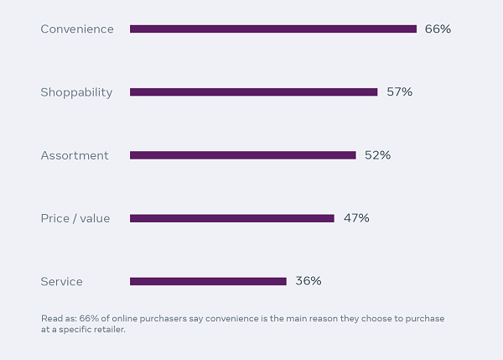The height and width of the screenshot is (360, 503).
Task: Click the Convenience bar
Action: (273, 29)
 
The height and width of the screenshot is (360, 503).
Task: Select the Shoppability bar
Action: (254, 92)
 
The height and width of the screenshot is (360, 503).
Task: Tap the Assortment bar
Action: (243, 155)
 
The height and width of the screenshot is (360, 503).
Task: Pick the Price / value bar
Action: (232, 218)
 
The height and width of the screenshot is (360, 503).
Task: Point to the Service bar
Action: (208, 281)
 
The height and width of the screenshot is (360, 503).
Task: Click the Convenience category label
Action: (77, 29)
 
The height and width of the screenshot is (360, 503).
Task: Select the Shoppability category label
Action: (76, 92)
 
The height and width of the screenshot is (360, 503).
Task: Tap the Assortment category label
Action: (75, 155)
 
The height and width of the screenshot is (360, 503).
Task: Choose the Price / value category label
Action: (75, 218)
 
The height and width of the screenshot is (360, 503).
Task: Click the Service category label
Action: (62, 281)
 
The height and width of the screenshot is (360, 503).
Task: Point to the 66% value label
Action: (438, 29)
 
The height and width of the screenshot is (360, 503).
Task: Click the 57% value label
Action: (399, 92)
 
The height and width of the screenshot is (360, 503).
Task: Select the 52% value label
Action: (377, 155)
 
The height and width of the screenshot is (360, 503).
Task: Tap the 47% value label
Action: (356, 218)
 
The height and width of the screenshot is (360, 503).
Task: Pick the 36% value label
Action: (309, 281)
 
